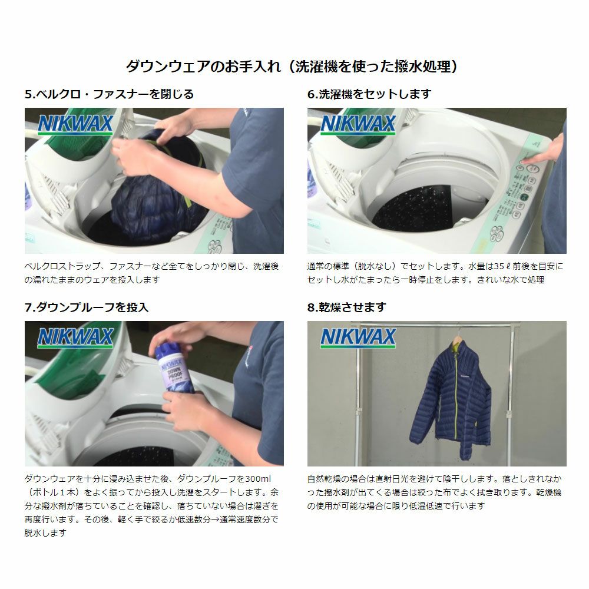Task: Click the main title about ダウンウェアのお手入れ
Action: (x=292, y=66)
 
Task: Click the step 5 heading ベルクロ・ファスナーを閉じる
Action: (x=109, y=94)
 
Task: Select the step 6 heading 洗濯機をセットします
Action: (x=369, y=94)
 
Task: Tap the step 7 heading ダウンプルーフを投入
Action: (x=87, y=307)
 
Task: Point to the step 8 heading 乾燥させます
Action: (x=347, y=307)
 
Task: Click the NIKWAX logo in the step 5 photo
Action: (x=75, y=124)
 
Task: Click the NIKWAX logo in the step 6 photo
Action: (x=358, y=124)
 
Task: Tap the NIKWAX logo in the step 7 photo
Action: (x=75, y=337)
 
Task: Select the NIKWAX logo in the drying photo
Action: (x=358, y=337)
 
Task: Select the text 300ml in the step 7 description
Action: (x=258, y=479)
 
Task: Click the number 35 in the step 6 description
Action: (x=499, y=266)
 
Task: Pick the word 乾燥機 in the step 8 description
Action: (x=548, y=492)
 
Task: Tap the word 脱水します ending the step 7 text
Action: (x=45, y=533)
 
